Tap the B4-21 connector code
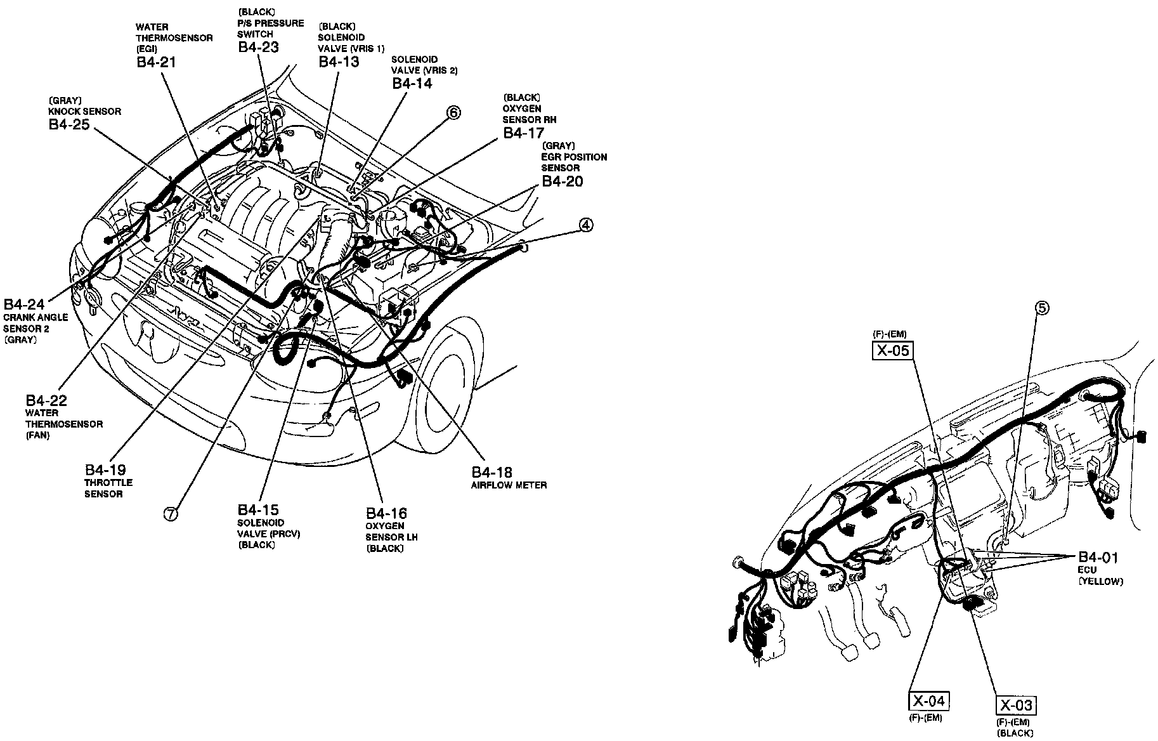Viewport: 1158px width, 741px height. (x=155, y=62)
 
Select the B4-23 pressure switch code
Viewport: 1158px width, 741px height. (x=258, y=47)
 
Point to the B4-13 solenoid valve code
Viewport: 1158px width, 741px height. (x=339, y=62)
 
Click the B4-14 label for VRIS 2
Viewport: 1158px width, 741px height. (x=412, y=82)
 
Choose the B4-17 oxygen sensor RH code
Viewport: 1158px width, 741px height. (x=524, y=133)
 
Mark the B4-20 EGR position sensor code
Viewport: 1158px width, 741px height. (x=562, y=181)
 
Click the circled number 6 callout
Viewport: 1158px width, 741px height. (x=453, y=113)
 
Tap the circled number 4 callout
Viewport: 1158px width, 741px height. (x=586, y=225)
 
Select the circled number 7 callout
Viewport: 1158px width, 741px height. (x=171, y=515)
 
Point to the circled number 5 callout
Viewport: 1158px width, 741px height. (x=1043, y=308)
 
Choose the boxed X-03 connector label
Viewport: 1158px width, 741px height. (x=1017, y=705)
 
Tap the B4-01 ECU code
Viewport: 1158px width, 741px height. (x=1098, y=557)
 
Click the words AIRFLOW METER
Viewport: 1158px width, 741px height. (x=509, y=485)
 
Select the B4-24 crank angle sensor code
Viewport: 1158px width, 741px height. (x=24, y=304)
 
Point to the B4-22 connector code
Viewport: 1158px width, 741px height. (x=46, y=401)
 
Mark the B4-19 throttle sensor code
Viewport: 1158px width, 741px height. (x=105, y=470)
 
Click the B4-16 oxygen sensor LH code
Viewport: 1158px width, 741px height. (x=386, y=513)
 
